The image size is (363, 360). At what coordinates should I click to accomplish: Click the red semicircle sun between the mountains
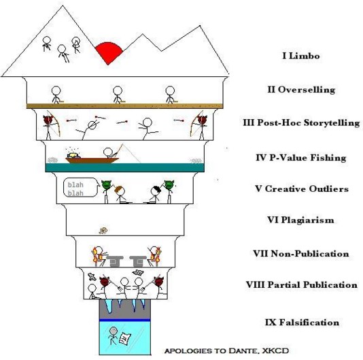click(x=108, y=52)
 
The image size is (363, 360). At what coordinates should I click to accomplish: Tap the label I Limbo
click(x=301, y=56)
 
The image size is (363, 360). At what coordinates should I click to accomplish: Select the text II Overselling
click(x=301, y=89)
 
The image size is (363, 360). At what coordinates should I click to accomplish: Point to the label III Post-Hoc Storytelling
click(x=301, y=122)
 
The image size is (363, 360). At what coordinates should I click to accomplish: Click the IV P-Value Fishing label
click(x=301, y=158)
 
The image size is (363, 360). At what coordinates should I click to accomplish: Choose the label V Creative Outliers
click(x=302, y=189)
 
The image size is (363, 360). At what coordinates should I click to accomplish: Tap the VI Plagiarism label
click(x=300, y=220)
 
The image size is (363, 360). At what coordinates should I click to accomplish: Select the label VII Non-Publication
click(x=301, y=253)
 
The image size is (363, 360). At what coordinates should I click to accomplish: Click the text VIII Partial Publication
click(x=302, y=284)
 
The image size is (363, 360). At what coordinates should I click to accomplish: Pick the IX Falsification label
click(x=302, y=323)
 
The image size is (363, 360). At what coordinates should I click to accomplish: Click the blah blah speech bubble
click(x=81, y=188)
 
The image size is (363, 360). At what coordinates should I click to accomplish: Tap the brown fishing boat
click(x=92, y=160)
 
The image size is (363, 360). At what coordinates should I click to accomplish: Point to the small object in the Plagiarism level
click(x=103, y=231)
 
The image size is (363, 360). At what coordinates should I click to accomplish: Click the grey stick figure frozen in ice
click(x=113, y=336)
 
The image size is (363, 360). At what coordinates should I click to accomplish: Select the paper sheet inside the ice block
click(x=125, y=338)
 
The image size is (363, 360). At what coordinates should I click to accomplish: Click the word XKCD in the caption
click(x=275, y=350)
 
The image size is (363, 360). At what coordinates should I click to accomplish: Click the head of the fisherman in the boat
click(x=107, y=152)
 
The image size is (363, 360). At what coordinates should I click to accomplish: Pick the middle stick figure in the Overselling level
click(x=118, y=95)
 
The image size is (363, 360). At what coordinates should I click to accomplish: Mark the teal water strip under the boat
click(x=125, y=167)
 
